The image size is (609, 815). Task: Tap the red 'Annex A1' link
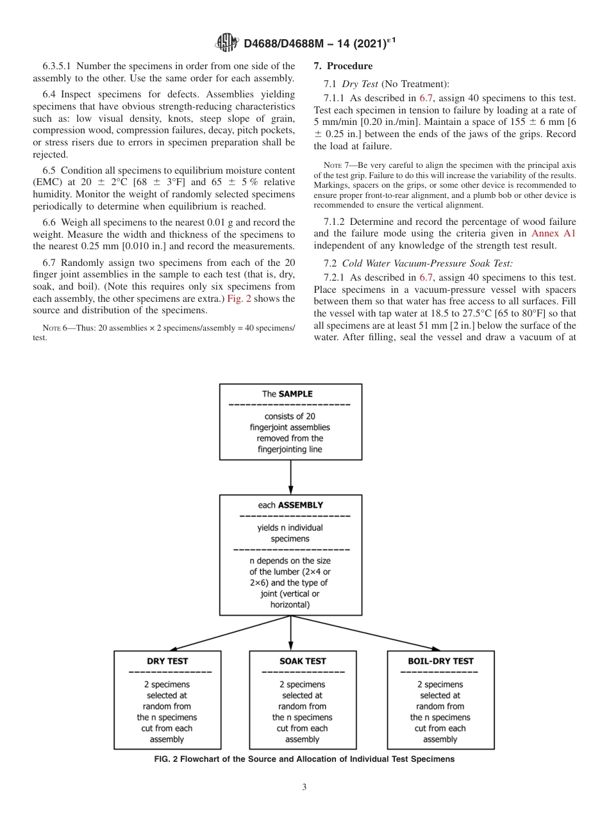(x=554, y=233)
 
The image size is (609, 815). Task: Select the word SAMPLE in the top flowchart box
(x=296, y=395)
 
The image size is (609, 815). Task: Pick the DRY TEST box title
(x=167, y=661)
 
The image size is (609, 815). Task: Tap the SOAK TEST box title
(x=303, y=661)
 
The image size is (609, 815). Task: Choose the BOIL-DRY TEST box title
(x=440, y=661)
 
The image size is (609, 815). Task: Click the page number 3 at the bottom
(x=304, y=787)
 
